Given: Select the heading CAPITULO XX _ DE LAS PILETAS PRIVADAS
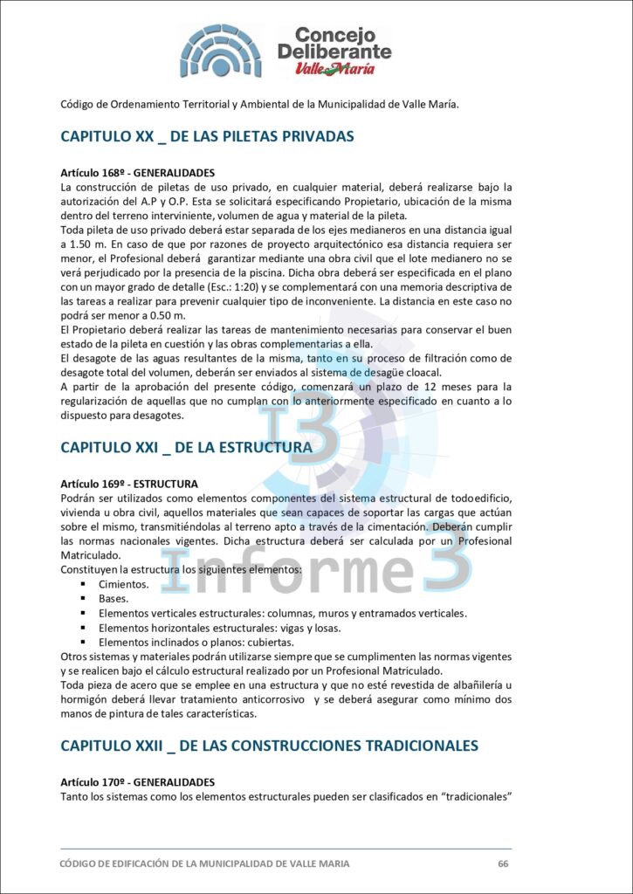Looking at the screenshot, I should (x=207, y=137).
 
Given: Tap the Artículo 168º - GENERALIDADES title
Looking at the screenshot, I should (x=137, y=173).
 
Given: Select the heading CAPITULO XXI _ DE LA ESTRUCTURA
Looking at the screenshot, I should (x=186, y=447).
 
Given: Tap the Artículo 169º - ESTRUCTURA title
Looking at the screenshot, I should (x=128, y=484).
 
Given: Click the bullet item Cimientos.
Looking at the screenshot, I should (x=124, y=583).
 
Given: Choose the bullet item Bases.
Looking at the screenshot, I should (x=114, y=598).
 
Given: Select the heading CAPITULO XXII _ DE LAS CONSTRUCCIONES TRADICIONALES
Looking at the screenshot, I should (x=269, y=746).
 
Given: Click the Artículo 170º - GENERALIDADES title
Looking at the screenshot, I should (x=137, y=782).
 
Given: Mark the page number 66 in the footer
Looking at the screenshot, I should (x=503, y=863).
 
